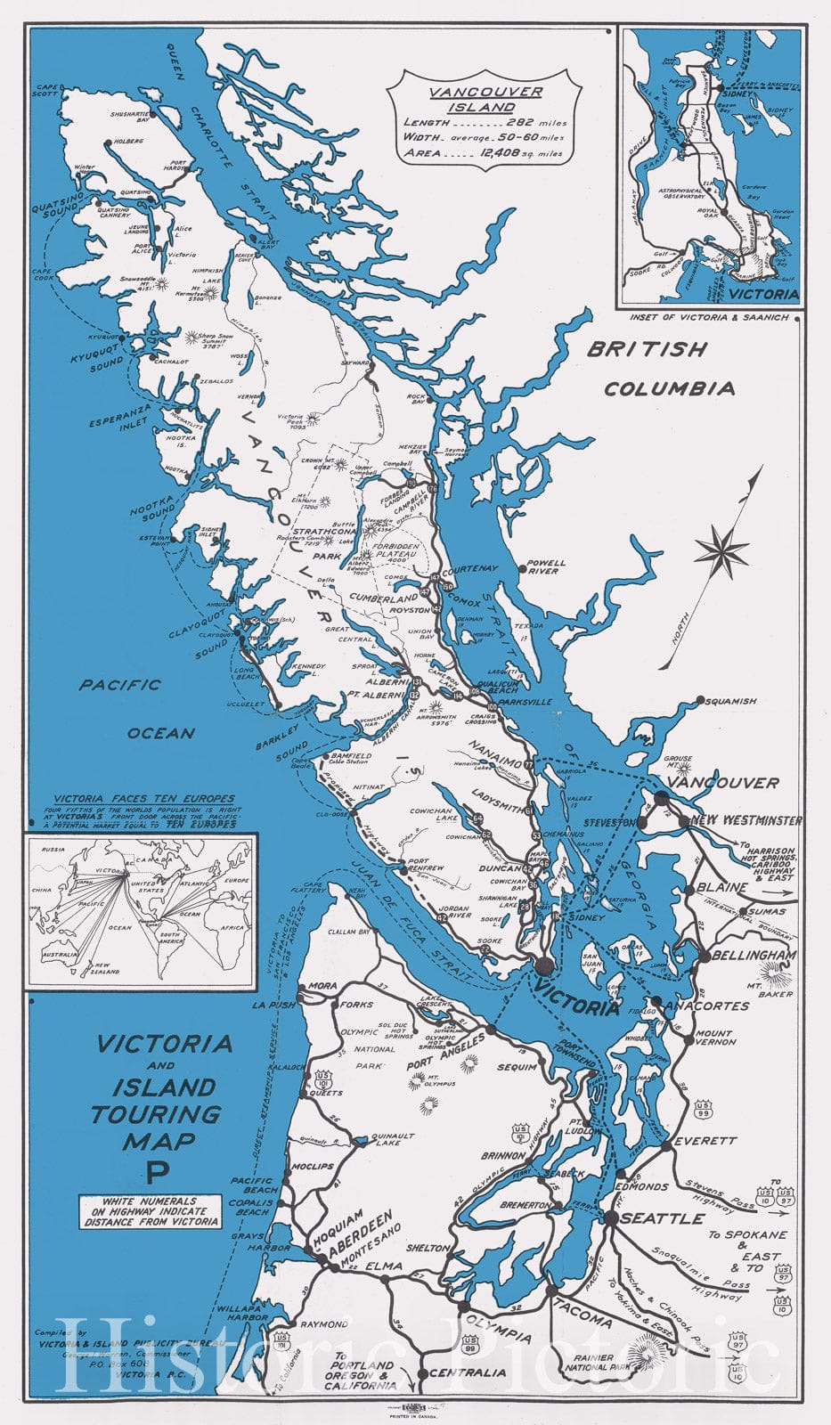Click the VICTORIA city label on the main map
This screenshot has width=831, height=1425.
577,1007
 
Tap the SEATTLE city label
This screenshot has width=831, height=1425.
663,1217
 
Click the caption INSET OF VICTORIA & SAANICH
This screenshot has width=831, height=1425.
708,317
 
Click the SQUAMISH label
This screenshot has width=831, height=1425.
730,701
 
